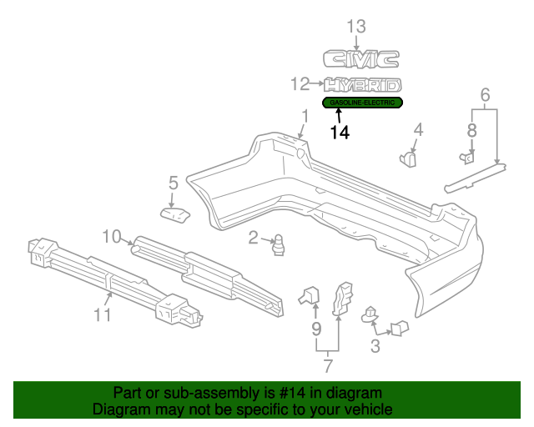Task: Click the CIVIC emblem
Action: [x=361, y=58]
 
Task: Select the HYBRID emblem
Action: [x=363, y=84]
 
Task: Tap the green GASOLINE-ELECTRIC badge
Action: [x=363, y=102]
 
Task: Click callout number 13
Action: [x=356, y=27]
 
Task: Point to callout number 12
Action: [x=300, y=83]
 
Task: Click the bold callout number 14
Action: [x=340, y=132]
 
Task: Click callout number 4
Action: [x=418, y=129]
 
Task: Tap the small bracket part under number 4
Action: [x=410, y=157]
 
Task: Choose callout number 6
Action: [x=485, y=96]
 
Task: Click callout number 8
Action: [x=471, y=129]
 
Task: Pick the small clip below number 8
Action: [x=468, y=155]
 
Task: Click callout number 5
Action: [x=174, y=182]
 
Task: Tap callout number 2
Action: [x=253, y=239]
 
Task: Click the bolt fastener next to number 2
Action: [x=280, y=245]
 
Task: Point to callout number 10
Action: [x=113, y=236]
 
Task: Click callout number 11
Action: [x=101, y=314]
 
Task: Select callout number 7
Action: [x=328, y=364]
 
